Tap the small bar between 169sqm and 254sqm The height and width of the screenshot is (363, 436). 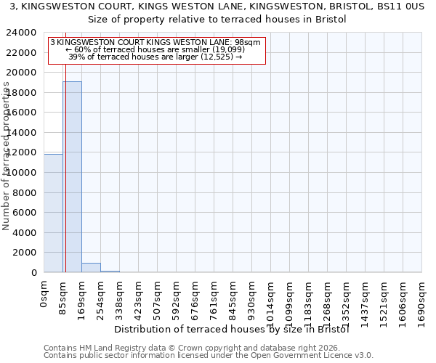pyautogui.click(x=91, y=267)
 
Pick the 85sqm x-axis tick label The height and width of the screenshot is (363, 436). pyautogui.click(x=63, y=297)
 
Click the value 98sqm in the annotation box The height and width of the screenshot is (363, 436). pyautogui.click(x=246, y=43)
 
